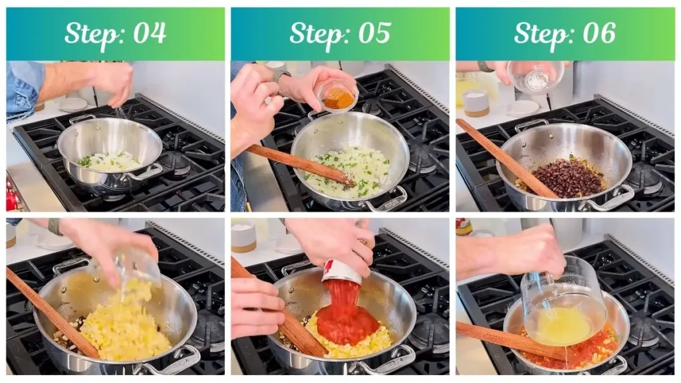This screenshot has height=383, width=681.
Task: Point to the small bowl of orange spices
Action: [339, 98]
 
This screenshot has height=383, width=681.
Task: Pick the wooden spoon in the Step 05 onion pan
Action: [299, 164]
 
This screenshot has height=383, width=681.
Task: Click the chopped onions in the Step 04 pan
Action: [113, 161]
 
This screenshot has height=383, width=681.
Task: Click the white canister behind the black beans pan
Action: [475, 103]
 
